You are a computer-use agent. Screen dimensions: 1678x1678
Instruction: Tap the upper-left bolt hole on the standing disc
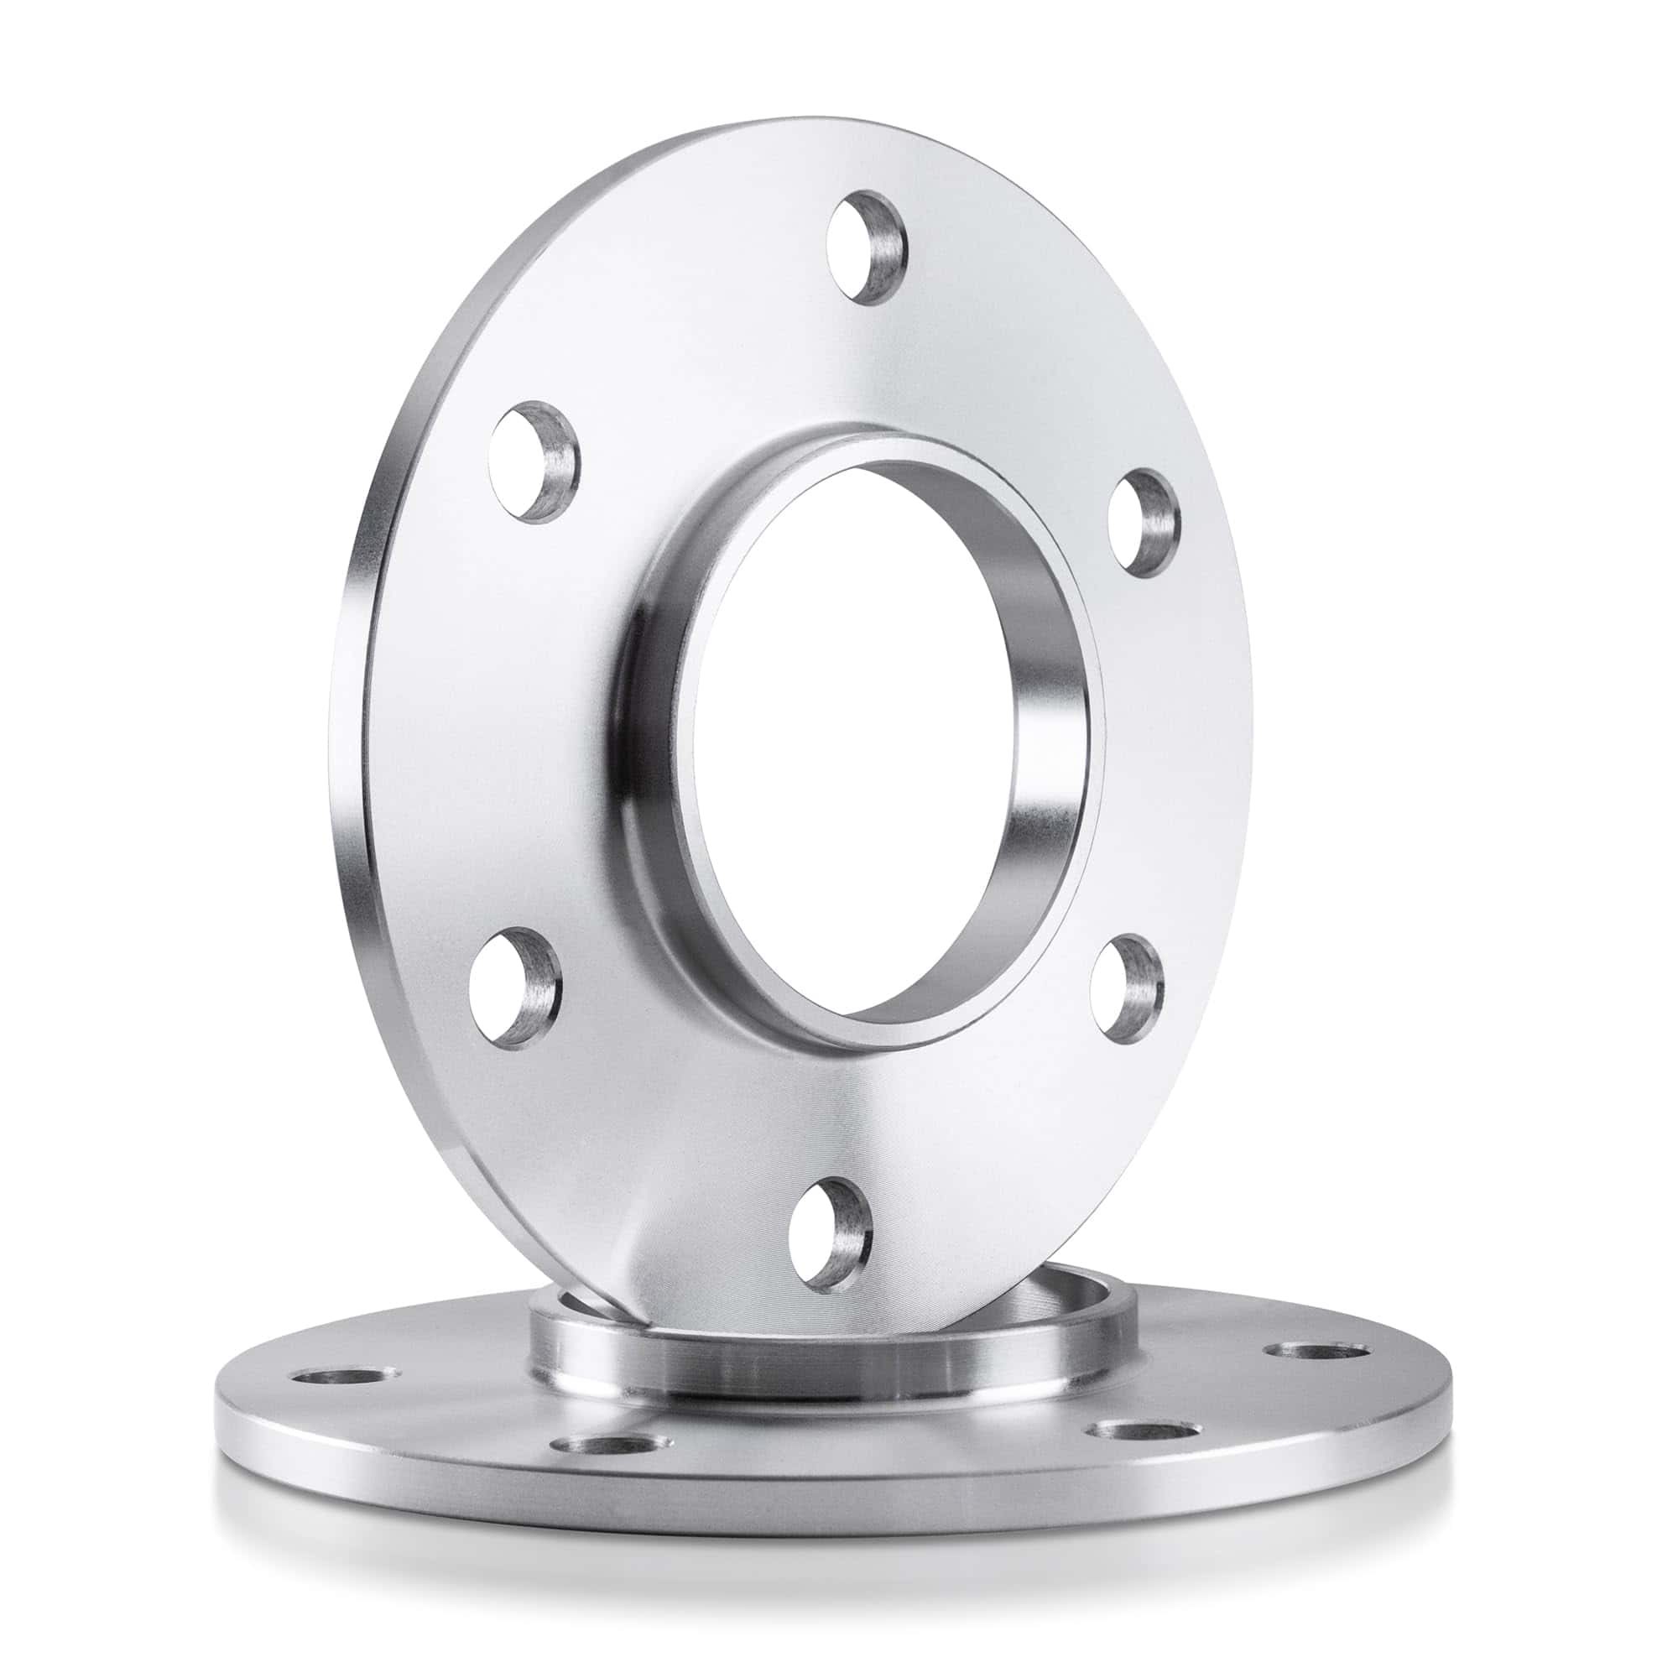click(533, 461)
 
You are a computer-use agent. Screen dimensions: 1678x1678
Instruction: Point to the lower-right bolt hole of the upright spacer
click(1127, 984)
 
